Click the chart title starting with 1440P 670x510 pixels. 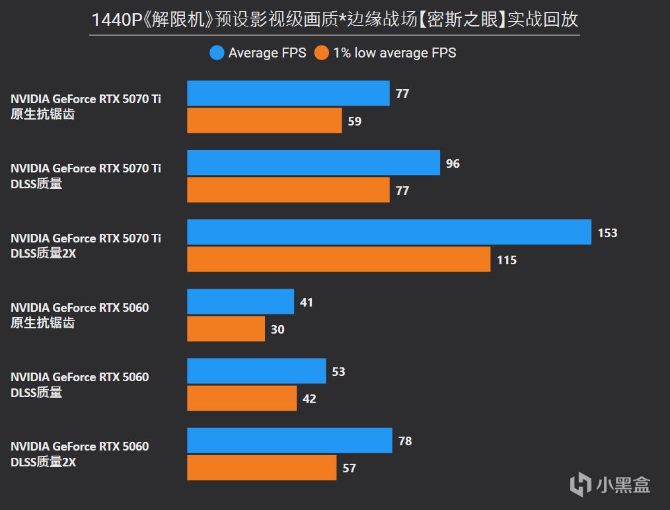(x=334, y=20)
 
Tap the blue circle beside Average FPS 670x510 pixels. (x=217, y=53)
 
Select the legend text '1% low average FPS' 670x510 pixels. (x=394, y=53)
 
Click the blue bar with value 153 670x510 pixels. (x=389, y=232)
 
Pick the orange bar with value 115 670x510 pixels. (x=338, y=260)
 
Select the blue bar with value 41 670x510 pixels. (x=241, y=302)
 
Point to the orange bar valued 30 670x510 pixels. (x=226, y=329)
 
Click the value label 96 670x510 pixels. (x=453, y=163)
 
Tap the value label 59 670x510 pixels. (x=355, y=121)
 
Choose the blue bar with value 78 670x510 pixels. (x=289, y=441)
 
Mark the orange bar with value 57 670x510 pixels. (x=262, y=468)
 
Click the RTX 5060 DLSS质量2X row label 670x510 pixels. (x=80, y=455)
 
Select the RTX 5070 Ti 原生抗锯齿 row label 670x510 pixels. (x=86, y=106)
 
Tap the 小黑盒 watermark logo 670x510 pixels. (x=609, y=484)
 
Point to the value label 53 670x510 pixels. (x=338, y=372)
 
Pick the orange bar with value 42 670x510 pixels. (x=242, y=398)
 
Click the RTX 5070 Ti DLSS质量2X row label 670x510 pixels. (x=86, y=245)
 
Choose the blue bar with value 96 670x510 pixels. (x=313, y=163)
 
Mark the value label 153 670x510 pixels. (x=607, y=233)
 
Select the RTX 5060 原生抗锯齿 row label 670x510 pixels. (x=80, y=315)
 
